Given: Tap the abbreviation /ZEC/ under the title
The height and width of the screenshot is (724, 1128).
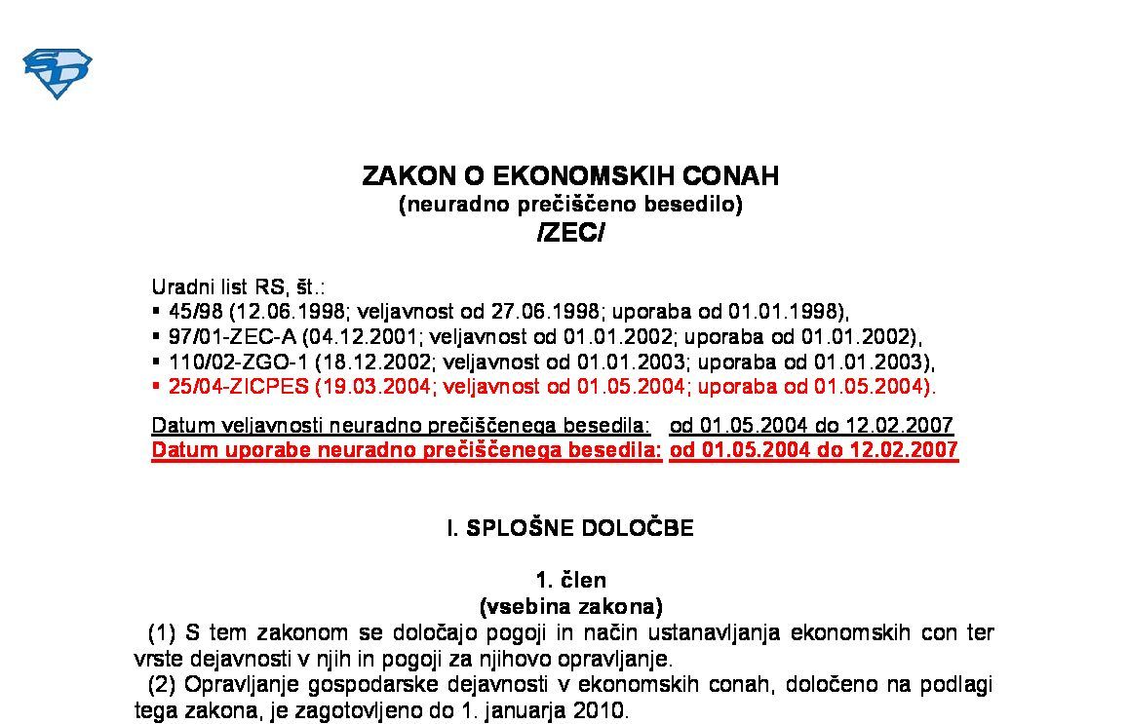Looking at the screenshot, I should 570,233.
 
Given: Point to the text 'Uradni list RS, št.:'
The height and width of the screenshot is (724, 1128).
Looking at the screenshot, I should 238,287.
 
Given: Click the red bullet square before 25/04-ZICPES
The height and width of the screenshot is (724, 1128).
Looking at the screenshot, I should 156,386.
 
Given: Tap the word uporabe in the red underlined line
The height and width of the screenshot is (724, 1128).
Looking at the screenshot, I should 262,450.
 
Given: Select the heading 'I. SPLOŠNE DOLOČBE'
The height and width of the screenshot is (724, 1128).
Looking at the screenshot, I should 570,528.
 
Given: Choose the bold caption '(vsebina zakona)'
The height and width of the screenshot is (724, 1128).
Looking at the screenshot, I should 570,606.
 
